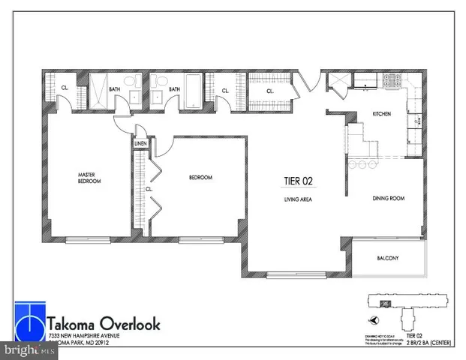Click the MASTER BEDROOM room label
(89, 178)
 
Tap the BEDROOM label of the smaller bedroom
(200, 178)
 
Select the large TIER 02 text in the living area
(297, 180)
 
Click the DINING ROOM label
(389, 199)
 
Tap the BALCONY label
(387, 259)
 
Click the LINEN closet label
(140, 142)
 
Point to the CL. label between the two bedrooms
(149, 189)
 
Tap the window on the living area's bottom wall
(292, 275)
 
